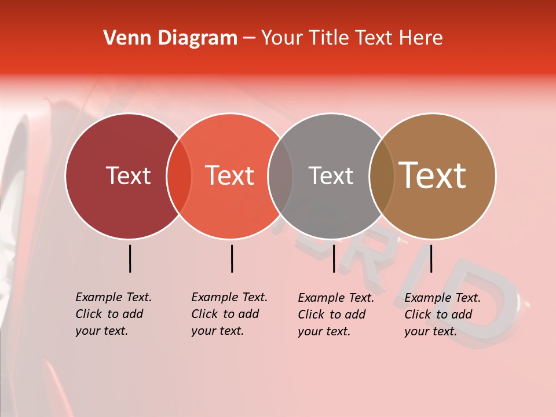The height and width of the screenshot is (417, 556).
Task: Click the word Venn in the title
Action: [123, 38]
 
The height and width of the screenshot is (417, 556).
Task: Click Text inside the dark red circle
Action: [128, 175]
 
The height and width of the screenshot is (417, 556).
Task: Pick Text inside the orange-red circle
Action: [229, 175]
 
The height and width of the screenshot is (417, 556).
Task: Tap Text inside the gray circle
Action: [331, 175]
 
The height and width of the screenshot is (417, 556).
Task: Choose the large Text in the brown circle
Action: [433, 175]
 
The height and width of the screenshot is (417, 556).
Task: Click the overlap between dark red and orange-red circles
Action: [179, 176]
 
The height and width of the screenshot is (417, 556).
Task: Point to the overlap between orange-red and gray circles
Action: [280, 176]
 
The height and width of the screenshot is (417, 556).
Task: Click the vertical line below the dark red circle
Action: [130, 258]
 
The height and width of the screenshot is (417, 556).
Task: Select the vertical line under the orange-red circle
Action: [232, 258]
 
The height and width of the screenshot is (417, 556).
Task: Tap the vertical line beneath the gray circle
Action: [334, 258]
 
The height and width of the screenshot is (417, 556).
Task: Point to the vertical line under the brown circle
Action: [431, 258]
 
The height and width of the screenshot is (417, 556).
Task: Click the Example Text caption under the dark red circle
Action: [113, 314]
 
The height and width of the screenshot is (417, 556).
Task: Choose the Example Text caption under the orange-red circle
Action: [229, 314]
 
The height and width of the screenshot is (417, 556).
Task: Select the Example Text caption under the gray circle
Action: [335, 314]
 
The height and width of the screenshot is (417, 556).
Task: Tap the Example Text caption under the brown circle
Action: [442, 314]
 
